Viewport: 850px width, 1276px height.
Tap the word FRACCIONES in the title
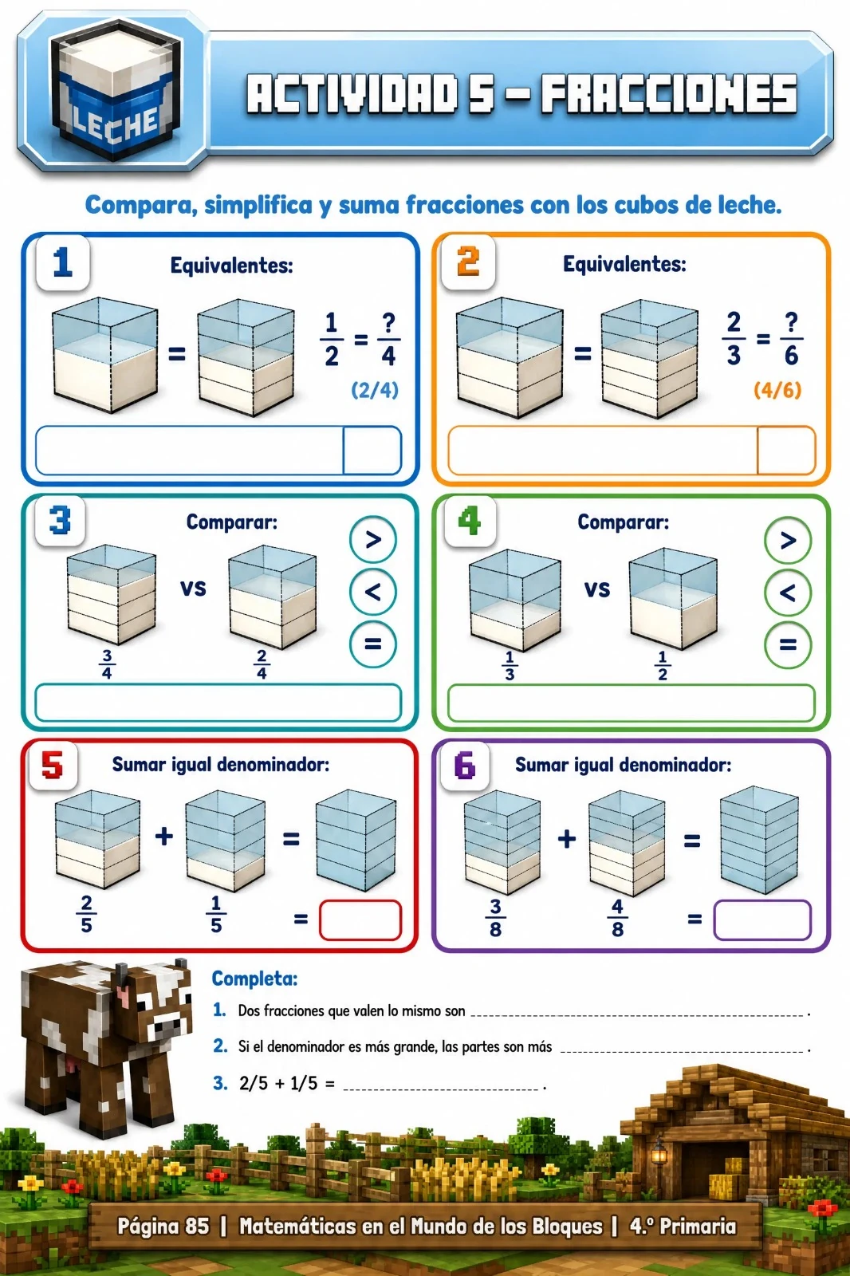click(x=669, y=94)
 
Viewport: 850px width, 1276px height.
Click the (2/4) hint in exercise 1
click(x=374, y=390)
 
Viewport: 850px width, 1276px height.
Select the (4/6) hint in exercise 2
click(x=777, y=390)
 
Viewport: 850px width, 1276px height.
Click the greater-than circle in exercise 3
click(x=372, y=539)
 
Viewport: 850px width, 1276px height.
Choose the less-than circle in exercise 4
click(x=787, y=593)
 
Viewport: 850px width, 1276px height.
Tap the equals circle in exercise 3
click(x=372, y=644)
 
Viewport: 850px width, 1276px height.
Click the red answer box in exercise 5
click(x=360, y=920)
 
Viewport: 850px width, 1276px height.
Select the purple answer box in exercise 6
click(x=761, y=920)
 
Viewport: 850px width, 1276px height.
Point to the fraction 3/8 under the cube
click(x=495, y=918)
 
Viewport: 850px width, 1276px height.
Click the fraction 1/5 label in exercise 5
click(x=216, y=914)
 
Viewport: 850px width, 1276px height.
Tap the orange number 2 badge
click(x=468, y=262)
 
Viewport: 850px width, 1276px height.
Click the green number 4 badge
click(x=470, y=521)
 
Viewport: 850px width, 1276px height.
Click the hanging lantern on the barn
click(x=659, y=1152)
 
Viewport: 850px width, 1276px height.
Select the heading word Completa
click(x=254, y=979)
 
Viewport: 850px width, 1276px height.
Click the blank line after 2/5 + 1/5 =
click(x=441, y=1089)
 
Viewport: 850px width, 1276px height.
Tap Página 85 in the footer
click(x=163, y=1226)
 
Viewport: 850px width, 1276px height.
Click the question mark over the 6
click(x=791, y=322)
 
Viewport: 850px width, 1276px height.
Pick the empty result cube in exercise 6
click(x=759, y=841)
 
